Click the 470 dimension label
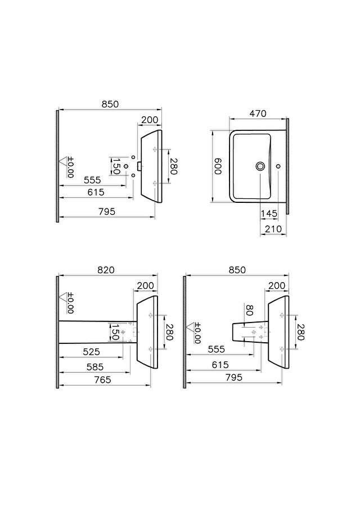[x=257, y=114]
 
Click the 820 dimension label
[x=105, y=270]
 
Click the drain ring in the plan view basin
[x=260, y=166]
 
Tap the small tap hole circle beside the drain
[x=279, y=166]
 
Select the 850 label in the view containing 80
[x=237, y=270]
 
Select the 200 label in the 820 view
[x=145, y=285]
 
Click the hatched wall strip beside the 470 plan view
[x=288, y=166]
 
